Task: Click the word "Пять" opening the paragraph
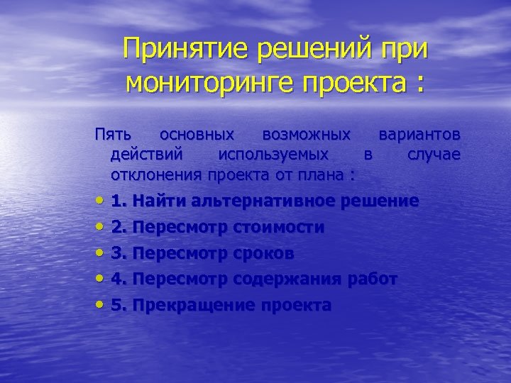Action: pyautogui.click(x=114, y=134)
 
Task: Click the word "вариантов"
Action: pyautogui.click(x=419, y=134)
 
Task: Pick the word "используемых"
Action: pyautogui.click(x=273, y=154)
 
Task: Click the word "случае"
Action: pyautogui.click(x=434, y=154)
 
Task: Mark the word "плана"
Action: pyautogui.click(x=322, y=174)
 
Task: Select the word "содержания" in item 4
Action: pyautogui.click(x=297, y=279)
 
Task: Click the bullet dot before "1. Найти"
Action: pyautogui.click(x=99, y=201)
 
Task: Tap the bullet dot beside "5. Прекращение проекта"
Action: pyautogui.click(x=99, y=306)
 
